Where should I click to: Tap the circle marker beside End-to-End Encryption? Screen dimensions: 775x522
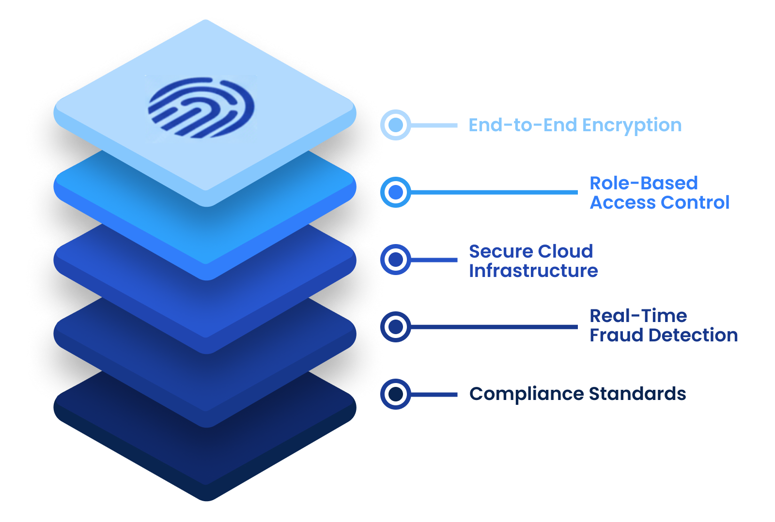[x=396, y=125]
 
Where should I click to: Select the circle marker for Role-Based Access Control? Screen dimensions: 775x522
[x=396, y=192]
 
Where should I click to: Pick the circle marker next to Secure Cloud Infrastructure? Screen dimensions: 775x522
[x=396, y=260]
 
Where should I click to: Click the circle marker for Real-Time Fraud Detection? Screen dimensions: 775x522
[x=396, y=327]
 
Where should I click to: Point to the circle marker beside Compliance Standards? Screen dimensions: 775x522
[x=396, y=394]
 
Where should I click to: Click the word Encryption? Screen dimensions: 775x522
[x=632, y=126]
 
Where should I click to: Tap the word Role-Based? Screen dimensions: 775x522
[x=644, y=183]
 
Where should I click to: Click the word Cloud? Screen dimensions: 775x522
[x=565, y=251]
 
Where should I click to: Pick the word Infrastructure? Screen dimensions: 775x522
[x=533, y=271]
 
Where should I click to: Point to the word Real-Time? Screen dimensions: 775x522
[x=638, y=316]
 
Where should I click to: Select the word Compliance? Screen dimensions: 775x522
[x=527, y=395]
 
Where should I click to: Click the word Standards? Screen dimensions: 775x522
[x=637, y=394]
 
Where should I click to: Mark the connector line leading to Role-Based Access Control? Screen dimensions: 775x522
[x=494, y=192]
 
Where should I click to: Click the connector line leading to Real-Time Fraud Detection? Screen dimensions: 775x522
[x=494, y=327]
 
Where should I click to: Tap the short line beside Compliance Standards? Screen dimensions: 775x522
[x=434, y=394]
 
